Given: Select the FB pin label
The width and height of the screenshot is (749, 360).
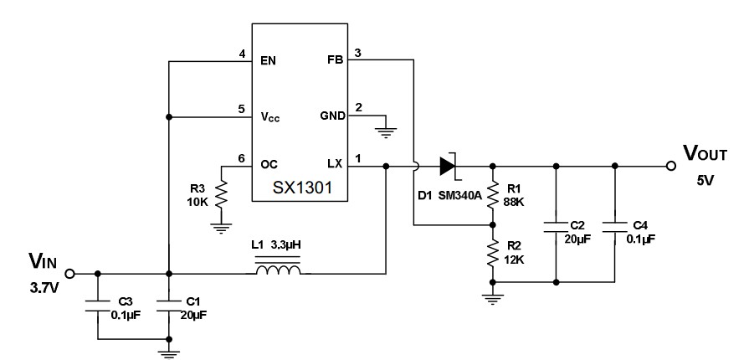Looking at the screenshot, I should (x=332, y=60).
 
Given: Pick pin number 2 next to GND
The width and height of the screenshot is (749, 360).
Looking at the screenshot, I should (x=358, y=107).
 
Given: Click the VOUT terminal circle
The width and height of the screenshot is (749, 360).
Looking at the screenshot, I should (x=671, y=166).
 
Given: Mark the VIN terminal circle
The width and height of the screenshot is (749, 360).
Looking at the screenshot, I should (x=70, y=273).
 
